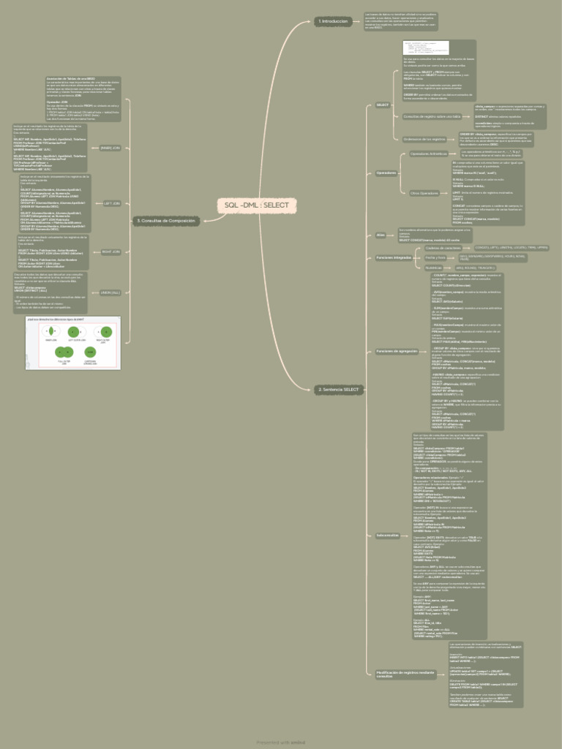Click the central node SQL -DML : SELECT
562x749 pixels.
pyautogui.click(x=257, y=206)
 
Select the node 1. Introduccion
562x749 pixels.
pyautogui.click(x=333, y=22)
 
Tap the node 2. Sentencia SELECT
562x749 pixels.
pyautogui.click(x=338, y=390)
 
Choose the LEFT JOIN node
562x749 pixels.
pyautogui.click(x=112, y=203)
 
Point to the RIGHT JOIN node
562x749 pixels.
pyautogui.click(x=111, y=252)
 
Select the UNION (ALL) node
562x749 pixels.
pyautogui.click(x=110, y=293)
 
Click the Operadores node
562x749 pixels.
pyautogui.click(x=386, y=173)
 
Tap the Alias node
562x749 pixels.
pyautogui.click(x=381, y=235)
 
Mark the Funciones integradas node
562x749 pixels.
pyautogui.click(x=394, y=258)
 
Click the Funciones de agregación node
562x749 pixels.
pyautogui.click(x=397, y=351)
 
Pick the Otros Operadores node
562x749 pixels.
pyautogui.click(x=424, y=193)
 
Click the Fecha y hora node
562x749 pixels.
pyautogui.click(x=436, y=257)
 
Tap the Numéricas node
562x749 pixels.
pyautogui.click(x=435, y=268)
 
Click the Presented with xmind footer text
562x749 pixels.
pyautogui.click(x=280, y=742)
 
